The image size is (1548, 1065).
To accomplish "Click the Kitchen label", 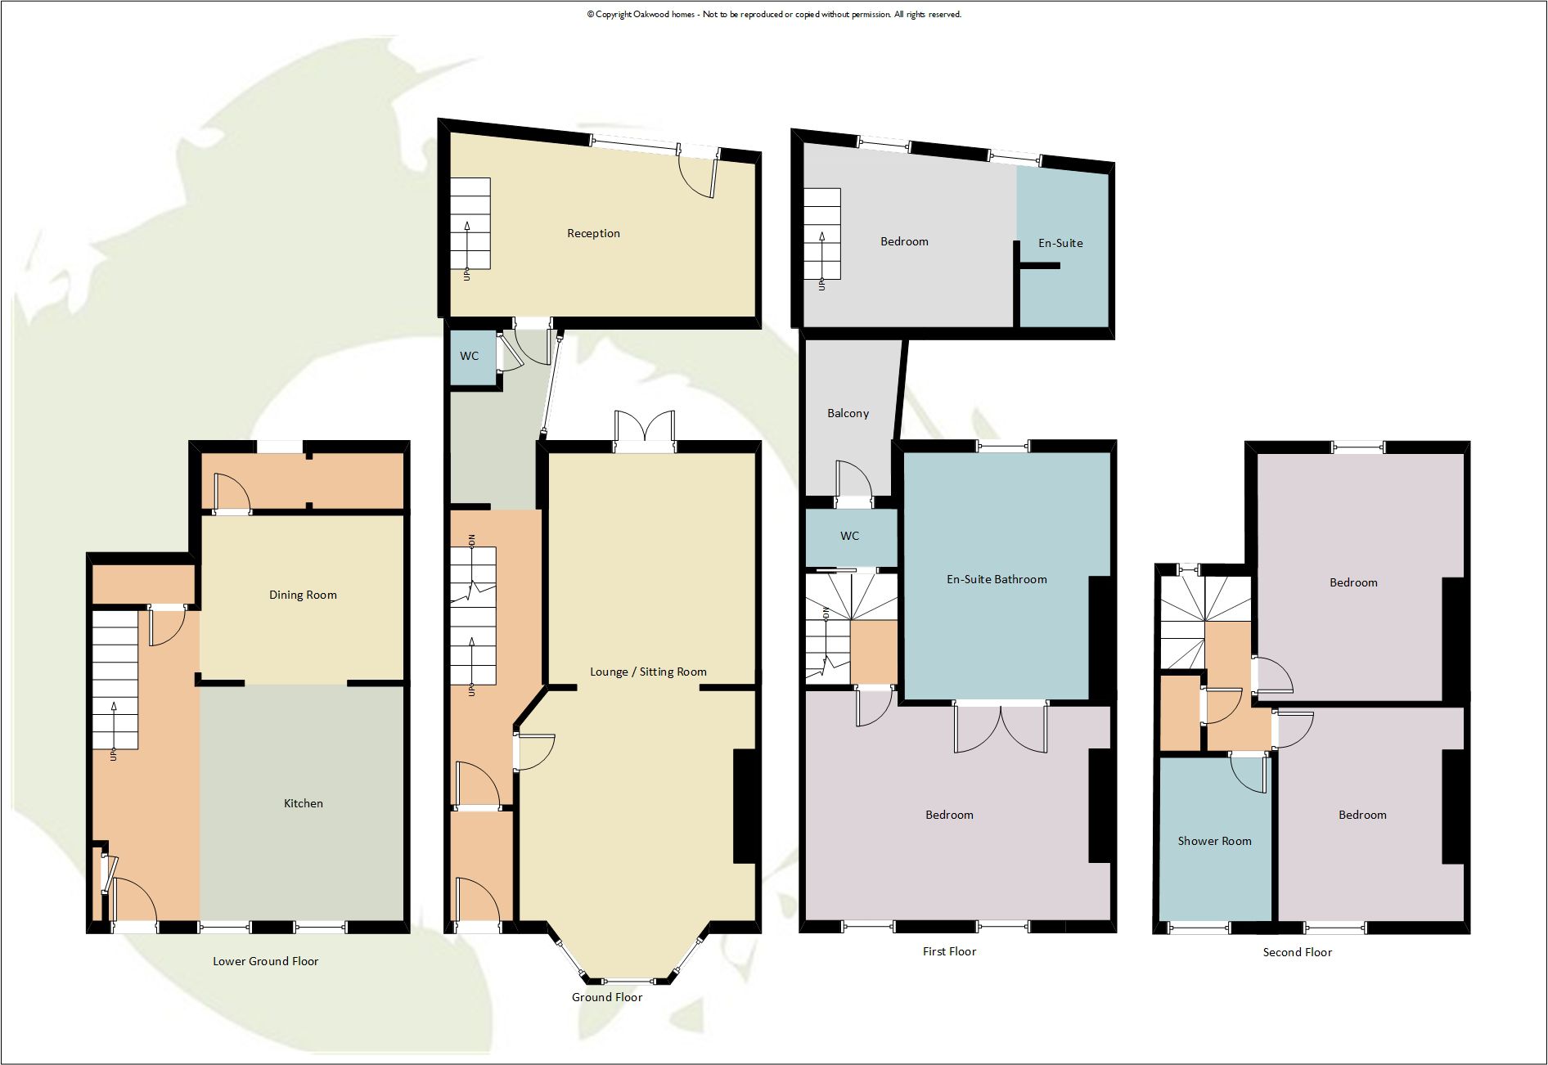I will pyautogui.click(x=303, y=803).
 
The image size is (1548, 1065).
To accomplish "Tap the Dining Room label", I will pyautogui.click(x=303, y=595).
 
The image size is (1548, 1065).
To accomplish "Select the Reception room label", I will pyautogui.click(x=593, y=233).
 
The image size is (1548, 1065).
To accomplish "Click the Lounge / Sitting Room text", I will pyautogui.click(x=648, y=672).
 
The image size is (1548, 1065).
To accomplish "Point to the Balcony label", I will pyautogui.click(x=848, y=413).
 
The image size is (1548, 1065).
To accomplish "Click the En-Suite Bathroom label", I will pyautogui.click(x=997, y=579).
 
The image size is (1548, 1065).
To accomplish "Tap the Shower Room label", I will pyautogui.click(x=1214, y=841).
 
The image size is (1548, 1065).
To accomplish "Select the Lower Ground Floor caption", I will pyautogui.click(x=265, y=961).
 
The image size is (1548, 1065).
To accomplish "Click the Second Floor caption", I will pyautogui.click(x=1297, y=952).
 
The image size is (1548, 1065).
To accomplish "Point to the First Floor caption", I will pyautogui.click(x=949, y=951).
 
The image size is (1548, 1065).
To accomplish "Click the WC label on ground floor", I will pyautogui.click(x=469, y=356).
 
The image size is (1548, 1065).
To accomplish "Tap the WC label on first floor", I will pyautogui.click(x=849, y=536).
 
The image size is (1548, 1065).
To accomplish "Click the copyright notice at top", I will pyautogui.click(x=773, y=14).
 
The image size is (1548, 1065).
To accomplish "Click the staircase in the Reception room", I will pyautogui.click(x=470, y=223).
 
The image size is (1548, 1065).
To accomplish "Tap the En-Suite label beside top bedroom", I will pyautogui.click(x=1060, y=243).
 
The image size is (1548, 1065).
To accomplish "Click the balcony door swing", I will pyautogui.click(x=854, y=481).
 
